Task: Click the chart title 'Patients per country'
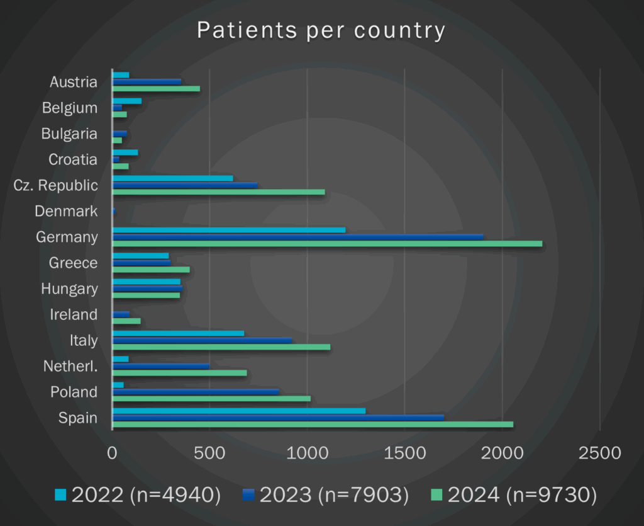[x=321, y=30]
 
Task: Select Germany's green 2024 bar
[x=326, y=244]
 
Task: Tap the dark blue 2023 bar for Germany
[x=297, y=237]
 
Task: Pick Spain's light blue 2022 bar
[x=238, y=411]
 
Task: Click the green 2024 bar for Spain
[x=312, y=425]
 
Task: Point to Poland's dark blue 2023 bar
[x=195, y=392]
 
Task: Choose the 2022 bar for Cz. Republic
[x=172, y=178]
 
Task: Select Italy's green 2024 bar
[x=221, y=347]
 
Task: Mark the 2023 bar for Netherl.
[x=160, y=366]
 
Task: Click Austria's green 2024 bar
[x=155, y=89]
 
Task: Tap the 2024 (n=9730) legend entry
[x=521, y=495]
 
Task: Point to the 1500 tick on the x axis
[x=404, y=453]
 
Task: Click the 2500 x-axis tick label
[x=599, y=453]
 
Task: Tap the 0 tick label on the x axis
[x=112, y=453]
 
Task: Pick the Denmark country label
[x=66, y=211]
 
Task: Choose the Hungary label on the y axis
[x=69, y=289]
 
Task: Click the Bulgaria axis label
[x=69, y=134]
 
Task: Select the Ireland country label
[x=74, y=314]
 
